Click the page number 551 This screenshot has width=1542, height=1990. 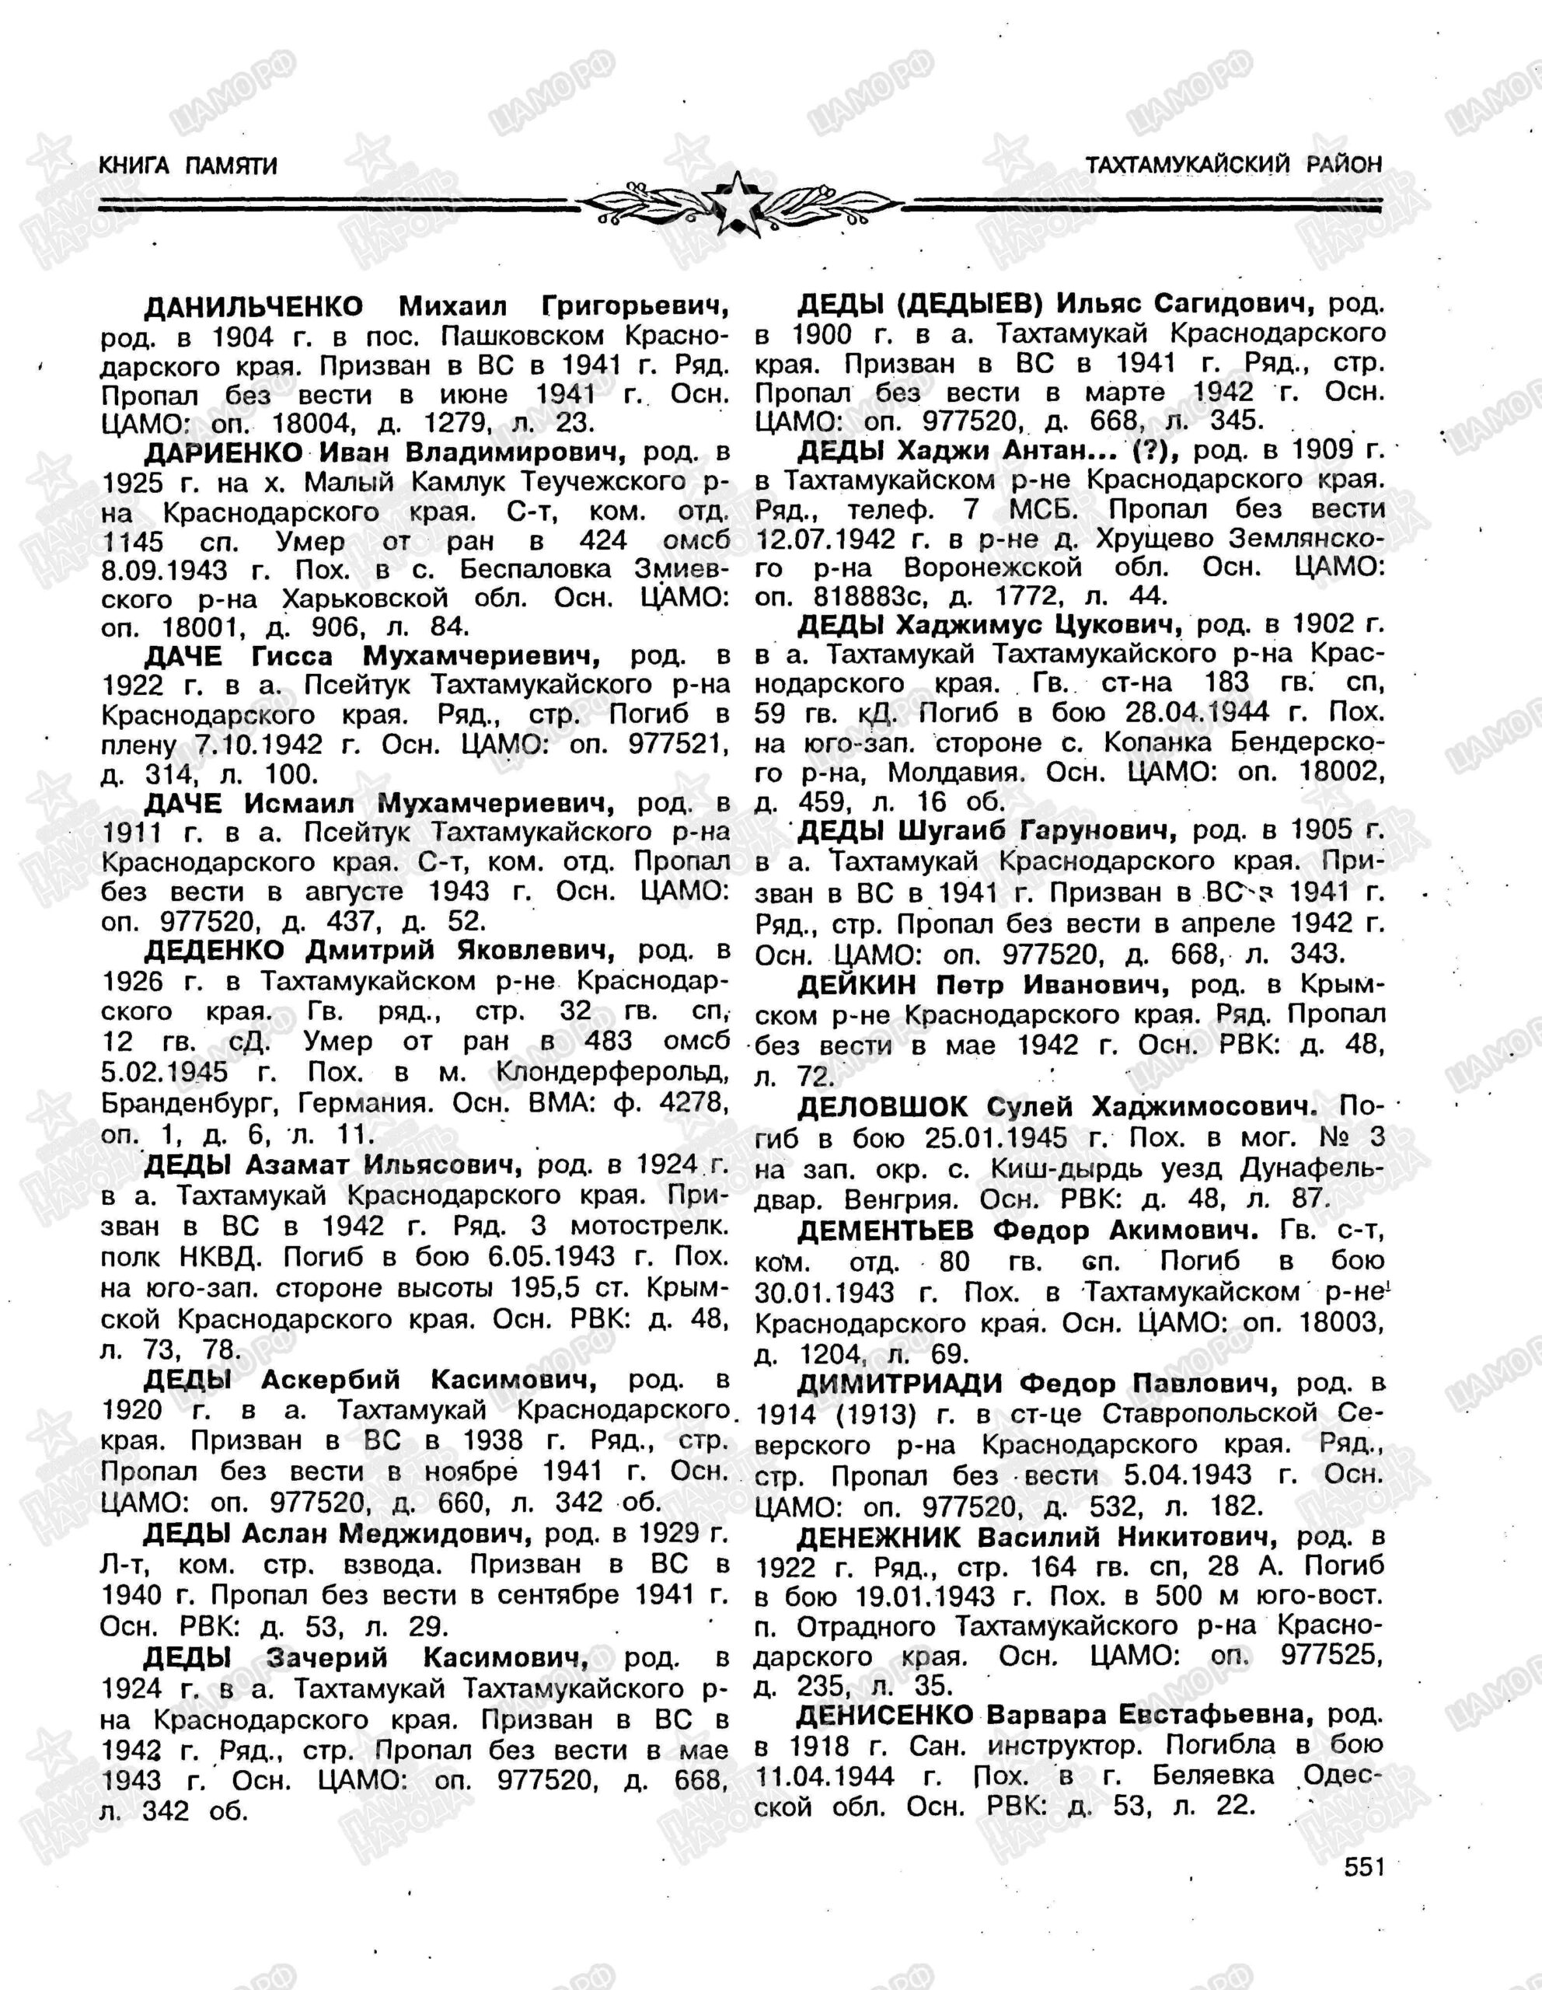click(x=1363, y=1885)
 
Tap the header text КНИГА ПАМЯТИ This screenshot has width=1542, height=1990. click(x=187, y=165)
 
